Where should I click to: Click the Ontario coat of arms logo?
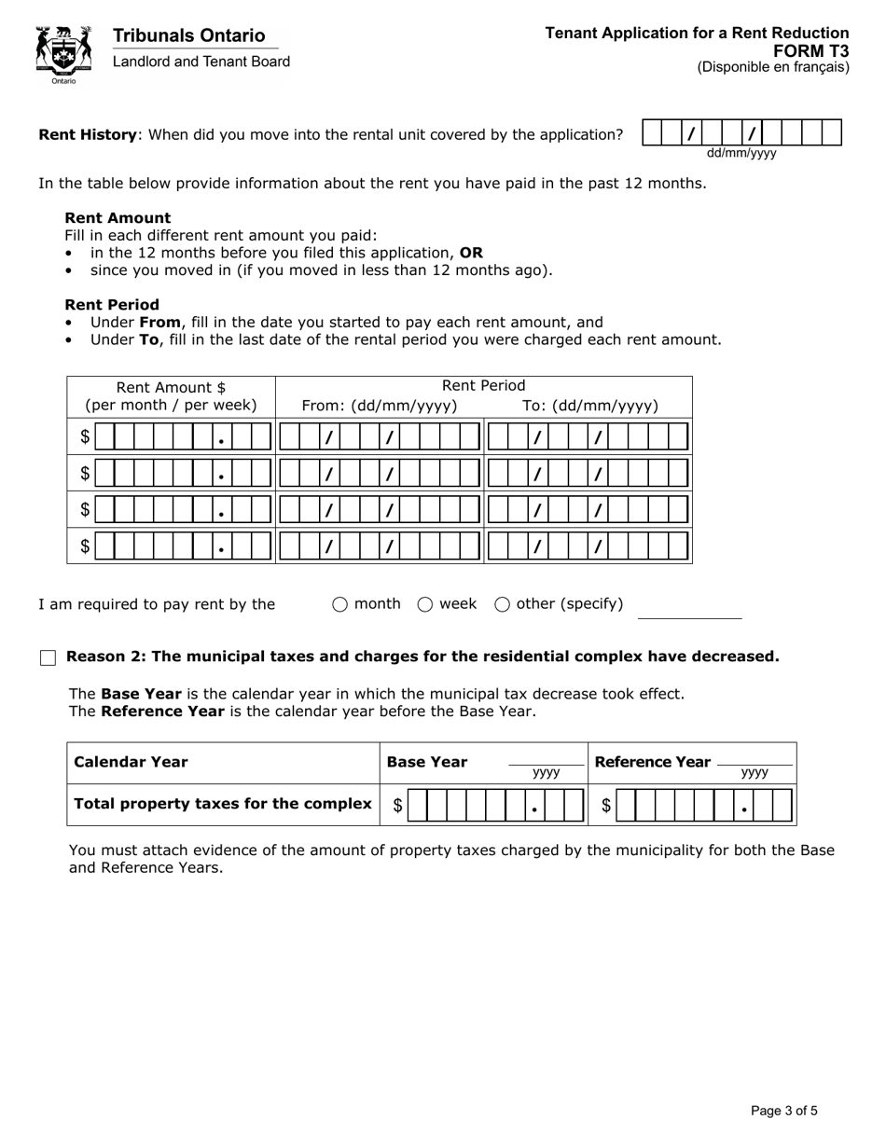(63, 54)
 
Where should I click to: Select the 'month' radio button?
(339, 604)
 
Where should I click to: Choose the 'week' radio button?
(425, 604)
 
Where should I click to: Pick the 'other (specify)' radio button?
(502, 604)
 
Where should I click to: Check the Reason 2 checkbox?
(48, 657)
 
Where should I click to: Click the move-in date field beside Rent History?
(742, 133)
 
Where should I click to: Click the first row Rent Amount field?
(183, 436)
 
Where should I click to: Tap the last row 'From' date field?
(380, 546)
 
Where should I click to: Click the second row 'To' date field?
(588, 473)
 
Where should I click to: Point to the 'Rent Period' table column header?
(483, 386)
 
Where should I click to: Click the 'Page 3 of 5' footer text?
(784, 1110)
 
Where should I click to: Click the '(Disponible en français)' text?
(773, 67)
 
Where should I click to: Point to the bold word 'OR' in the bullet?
(471, 253)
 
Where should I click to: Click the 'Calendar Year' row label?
(131, 762)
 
